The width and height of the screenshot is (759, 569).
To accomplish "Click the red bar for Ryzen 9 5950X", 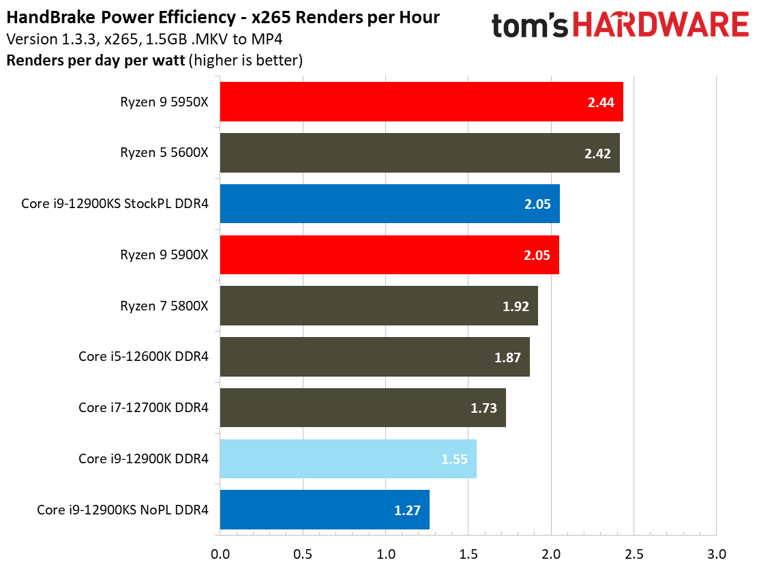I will [421, 102].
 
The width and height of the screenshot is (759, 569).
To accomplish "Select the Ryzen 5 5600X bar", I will [419, 153].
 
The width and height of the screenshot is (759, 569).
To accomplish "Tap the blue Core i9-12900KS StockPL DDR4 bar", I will [389, 203].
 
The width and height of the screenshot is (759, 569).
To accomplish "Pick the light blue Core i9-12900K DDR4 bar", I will [348, 458].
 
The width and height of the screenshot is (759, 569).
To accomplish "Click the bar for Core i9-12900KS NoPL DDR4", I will [325, 510].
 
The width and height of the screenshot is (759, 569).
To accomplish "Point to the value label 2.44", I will [601, 103].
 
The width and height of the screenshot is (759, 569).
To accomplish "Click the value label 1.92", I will [516, 306].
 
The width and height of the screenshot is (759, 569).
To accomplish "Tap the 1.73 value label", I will [483, 409].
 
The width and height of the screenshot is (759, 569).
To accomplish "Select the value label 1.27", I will [407, 510].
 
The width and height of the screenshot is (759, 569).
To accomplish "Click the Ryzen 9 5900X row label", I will [164, 255].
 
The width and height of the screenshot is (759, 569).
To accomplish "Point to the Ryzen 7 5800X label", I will [164, 306].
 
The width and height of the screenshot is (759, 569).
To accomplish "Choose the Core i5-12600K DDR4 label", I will [143, 357].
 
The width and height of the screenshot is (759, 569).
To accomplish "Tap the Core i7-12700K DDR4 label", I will [143, 408].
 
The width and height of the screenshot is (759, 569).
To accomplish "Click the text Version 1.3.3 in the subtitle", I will [42, 38].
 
